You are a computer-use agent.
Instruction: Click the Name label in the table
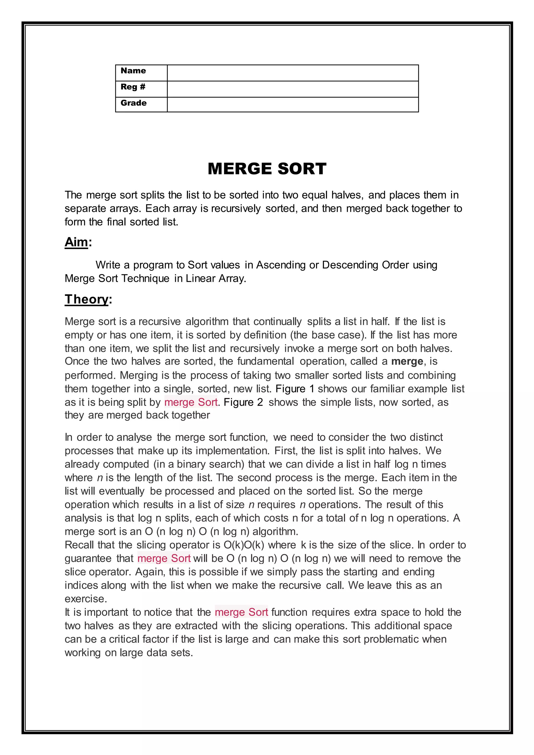133,71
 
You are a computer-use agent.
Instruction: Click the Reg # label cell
133,87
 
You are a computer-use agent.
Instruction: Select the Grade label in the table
133,103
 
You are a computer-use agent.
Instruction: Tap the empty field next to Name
293,73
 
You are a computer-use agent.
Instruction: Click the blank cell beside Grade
293,105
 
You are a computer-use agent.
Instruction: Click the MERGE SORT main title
267,169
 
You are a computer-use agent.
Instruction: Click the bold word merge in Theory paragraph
407,361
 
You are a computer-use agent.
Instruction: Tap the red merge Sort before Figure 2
191,402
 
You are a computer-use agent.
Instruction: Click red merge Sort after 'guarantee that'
164,558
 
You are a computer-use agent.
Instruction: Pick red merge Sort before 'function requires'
241,612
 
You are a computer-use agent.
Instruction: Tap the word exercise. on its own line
86,599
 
